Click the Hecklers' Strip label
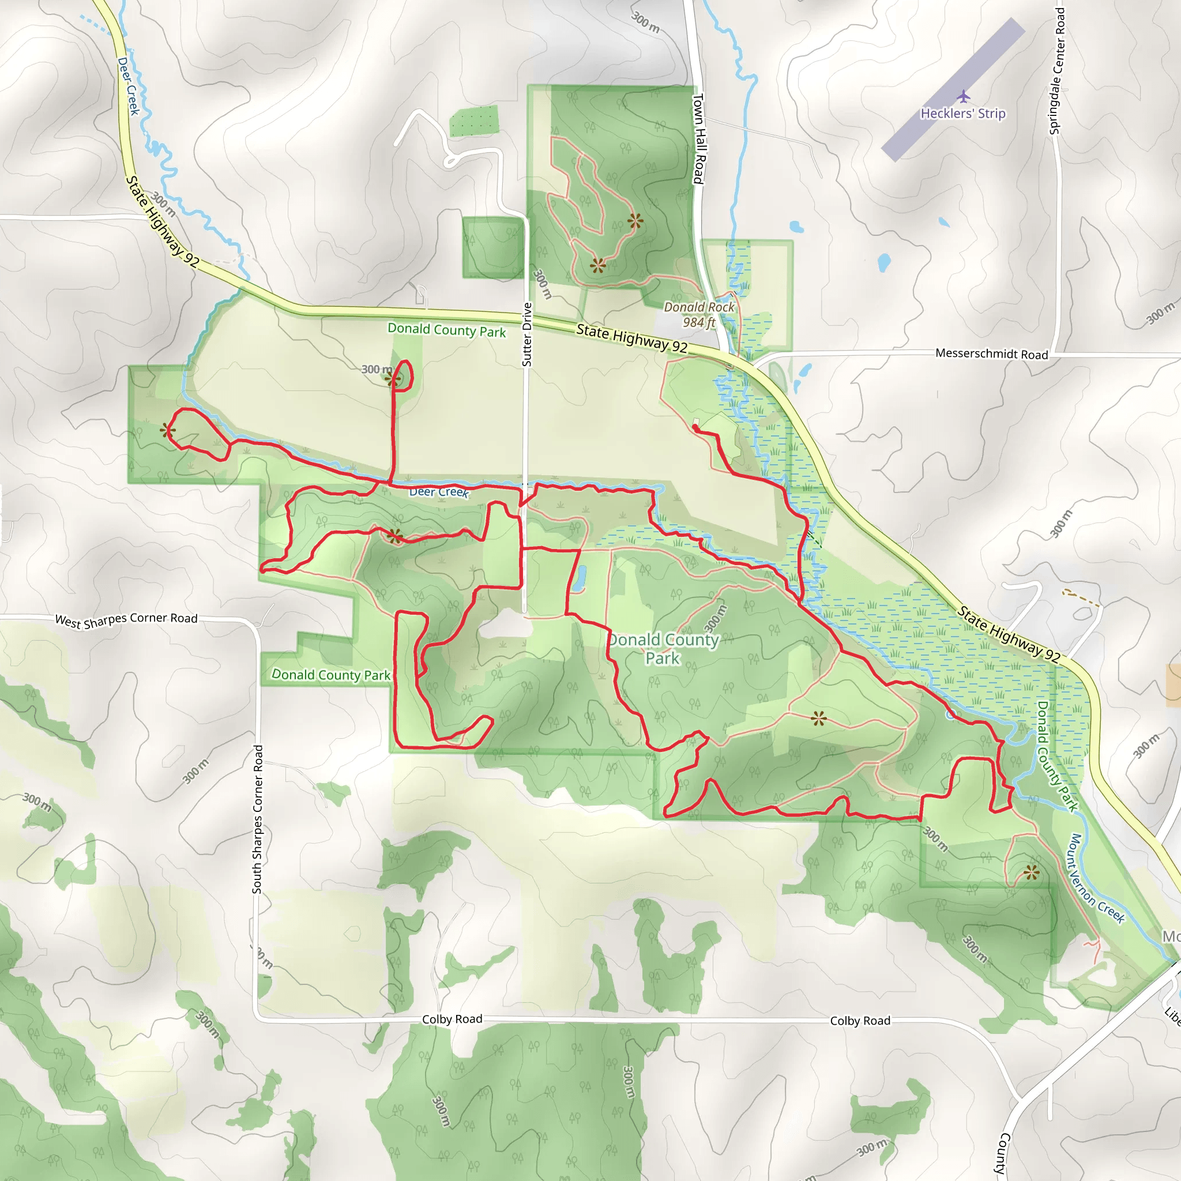(x=963, y=114)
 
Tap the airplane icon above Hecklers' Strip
(x=964, y=96)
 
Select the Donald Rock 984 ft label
(x=699, y=315)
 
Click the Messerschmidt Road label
(x=991, y=354)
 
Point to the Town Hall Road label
(x=698, y=138)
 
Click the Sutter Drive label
(x=527, y=335)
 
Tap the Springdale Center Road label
(x=1056, y=70)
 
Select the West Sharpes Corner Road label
(x=126, y=620)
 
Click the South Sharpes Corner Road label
(x=257, y=819)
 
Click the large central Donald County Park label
(x=663, y=649)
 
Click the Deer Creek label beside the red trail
(x=438, y=491)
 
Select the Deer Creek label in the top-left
(x=129, y=86)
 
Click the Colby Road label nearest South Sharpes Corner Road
(x=452, y=1019)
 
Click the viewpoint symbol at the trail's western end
(x=167, y=431)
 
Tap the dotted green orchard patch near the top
(x=474, y=121)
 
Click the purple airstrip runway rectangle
(x=953, y=89)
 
